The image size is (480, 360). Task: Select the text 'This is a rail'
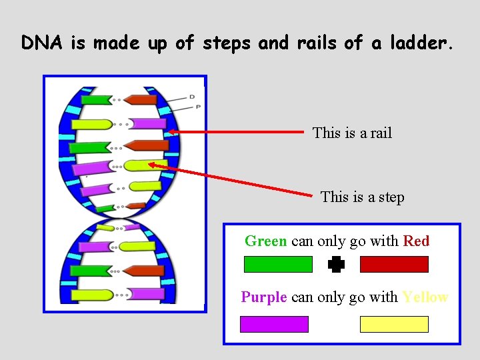352,133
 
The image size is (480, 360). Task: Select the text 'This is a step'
362,197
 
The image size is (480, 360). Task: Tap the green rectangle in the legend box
278,265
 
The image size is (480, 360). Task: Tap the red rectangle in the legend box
394,265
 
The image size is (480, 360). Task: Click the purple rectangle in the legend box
274,324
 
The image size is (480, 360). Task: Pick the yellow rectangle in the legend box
394,324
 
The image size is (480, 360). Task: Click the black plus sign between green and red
336,265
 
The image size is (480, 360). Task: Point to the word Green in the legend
265,241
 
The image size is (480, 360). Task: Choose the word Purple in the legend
264,297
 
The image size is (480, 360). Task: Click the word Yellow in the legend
425,297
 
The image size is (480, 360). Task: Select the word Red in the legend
416,241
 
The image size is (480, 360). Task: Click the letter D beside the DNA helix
191,97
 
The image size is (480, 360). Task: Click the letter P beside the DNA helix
198,107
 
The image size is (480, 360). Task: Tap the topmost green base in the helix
95,100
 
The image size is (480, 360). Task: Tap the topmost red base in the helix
141,100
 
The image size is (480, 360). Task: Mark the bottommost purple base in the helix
145,293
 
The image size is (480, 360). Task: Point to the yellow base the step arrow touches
141,165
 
